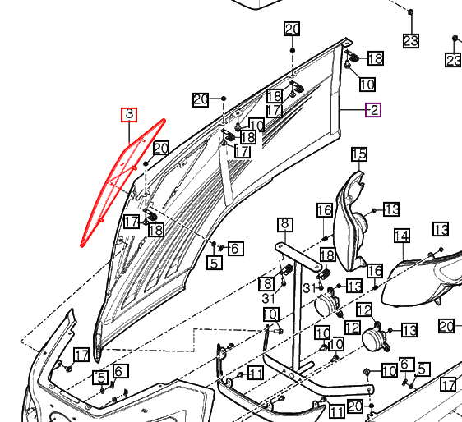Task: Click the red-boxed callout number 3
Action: [x=129, y=114]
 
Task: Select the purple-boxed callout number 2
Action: [x=373, y=110]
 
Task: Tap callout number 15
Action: [x=359, y=154]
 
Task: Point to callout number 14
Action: [x=402, y=236]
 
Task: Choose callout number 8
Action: [x=285, y=224]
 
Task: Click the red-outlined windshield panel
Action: [x=122, y=182]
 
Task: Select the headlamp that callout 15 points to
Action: [x=351, y=222]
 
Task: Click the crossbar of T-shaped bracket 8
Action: [x=298, y=256]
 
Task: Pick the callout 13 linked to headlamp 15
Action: [x=391, y=209]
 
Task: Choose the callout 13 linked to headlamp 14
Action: [x=441, y=229]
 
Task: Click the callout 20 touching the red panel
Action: [x=161, y=148]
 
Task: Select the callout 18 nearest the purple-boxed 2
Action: [x=376, y=58]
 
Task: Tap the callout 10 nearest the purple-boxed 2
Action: [x=367, y=85]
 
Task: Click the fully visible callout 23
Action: [x=411, y=40]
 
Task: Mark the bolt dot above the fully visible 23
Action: [x=411, y=12]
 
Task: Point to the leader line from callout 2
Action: [x=353, y=110]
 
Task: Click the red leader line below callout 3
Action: [x=129, y=133]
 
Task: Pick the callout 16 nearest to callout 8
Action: [x=325, y=210]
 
